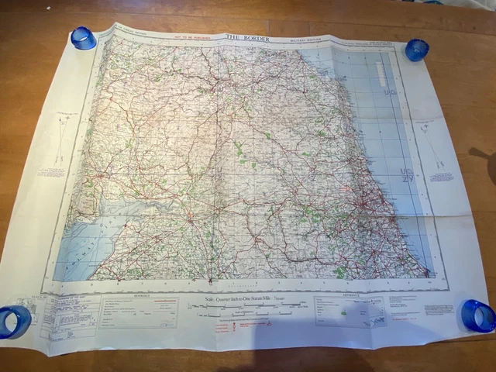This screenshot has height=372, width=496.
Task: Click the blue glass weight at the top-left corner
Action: tap(83, 37)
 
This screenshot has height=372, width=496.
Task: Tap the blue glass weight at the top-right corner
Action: tap(416, 50)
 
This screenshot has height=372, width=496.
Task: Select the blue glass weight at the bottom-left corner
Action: tap(14, 319)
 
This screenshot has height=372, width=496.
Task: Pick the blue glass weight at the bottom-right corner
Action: tap(477, 315)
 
